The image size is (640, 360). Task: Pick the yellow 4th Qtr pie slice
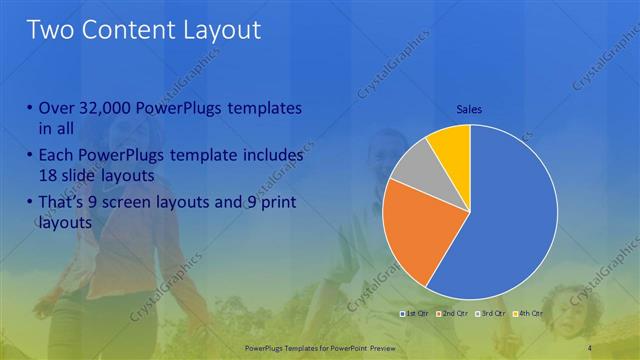pos(450,147)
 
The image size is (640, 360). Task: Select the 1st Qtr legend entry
pos(418,314)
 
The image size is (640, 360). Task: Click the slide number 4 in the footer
pos(592,347)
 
